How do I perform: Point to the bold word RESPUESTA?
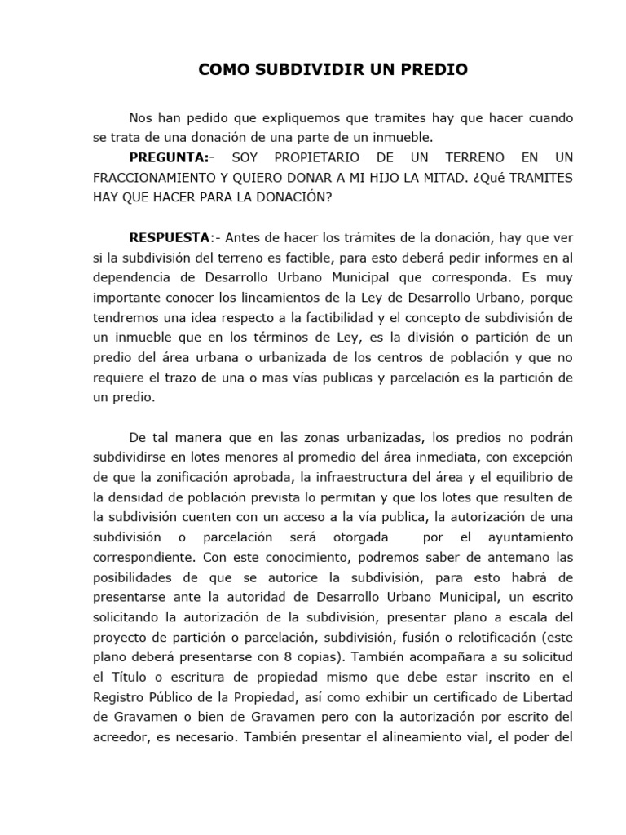click(169, 237)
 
